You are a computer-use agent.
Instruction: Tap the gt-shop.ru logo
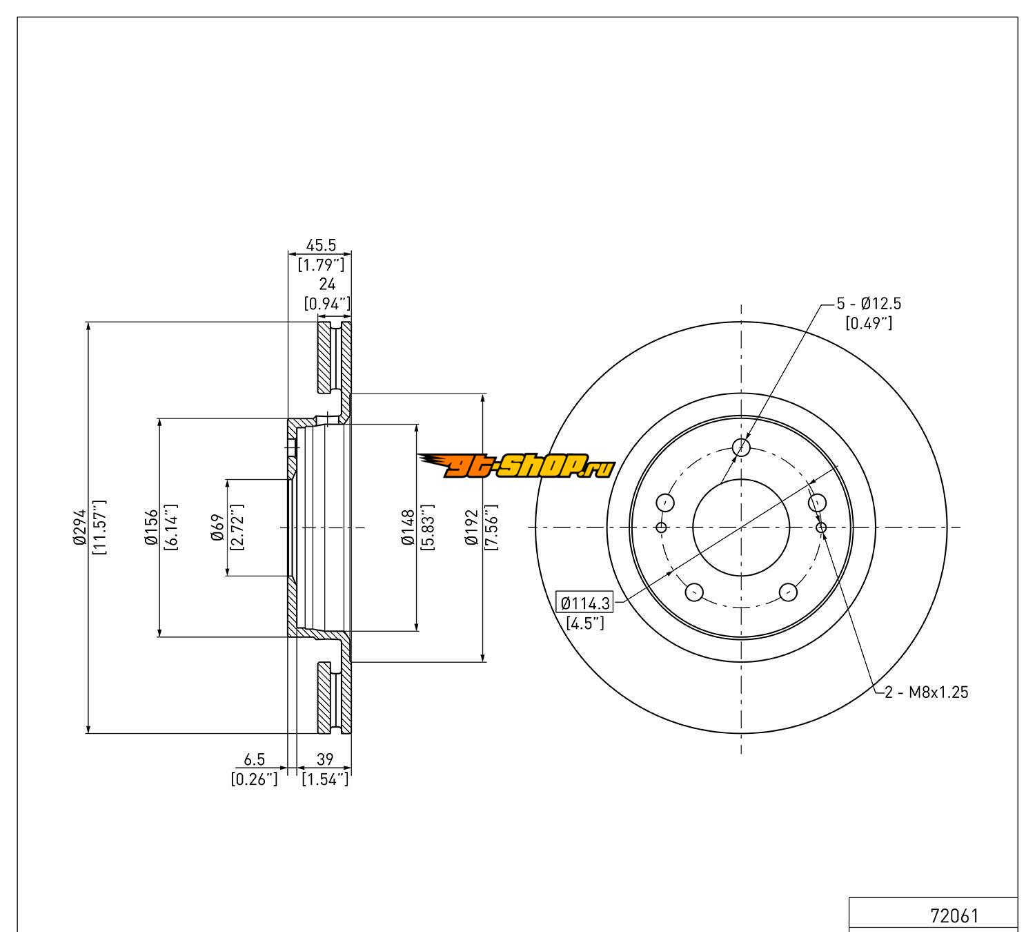tap(516, 466)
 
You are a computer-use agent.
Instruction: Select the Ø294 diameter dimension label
tap(79, 527)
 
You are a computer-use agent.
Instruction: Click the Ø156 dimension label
tap(150, 527)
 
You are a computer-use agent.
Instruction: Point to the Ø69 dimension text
tap(218, 527)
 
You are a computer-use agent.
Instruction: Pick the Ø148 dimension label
tap(408, 527)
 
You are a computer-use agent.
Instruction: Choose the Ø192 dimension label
tap(471, 527)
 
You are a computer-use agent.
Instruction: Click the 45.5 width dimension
tap(321, 245)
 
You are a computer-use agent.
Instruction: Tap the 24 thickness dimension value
tap(327, 284)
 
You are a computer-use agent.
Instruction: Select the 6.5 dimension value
tap(254, 759)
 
